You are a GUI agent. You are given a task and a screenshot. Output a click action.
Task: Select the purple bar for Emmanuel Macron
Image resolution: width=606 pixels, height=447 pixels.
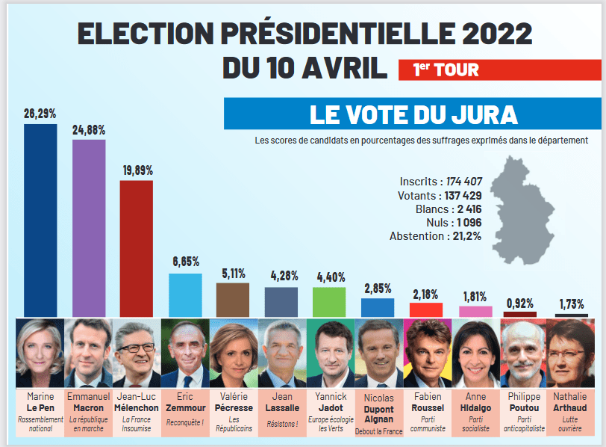[x=88, y=227]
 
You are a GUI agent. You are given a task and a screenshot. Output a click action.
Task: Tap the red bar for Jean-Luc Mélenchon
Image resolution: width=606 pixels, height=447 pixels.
[x=136, y=247]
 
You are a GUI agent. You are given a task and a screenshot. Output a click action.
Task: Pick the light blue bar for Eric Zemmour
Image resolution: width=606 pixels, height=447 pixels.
[x=185, y=295]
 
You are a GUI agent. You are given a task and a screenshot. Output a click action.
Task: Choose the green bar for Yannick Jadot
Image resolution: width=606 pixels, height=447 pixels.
[x=329, y=301]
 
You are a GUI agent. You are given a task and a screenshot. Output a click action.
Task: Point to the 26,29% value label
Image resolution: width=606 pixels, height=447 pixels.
[x=40, y=114]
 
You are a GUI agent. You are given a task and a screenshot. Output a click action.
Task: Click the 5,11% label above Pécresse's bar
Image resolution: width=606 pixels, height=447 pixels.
[x=233, y=274]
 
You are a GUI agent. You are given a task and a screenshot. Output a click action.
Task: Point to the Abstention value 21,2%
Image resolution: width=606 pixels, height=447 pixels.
[x=464, y=236]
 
